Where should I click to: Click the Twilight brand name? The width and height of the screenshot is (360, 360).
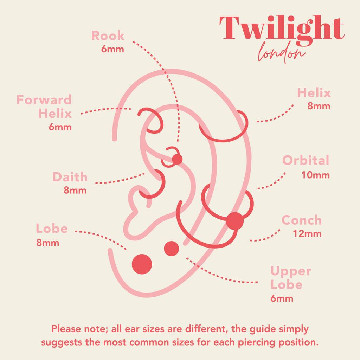coord(282,28)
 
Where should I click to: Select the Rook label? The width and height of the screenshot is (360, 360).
coord(108,36)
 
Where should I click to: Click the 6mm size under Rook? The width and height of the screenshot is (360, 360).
coord(112,49)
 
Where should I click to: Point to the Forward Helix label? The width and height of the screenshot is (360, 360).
coord(44,107)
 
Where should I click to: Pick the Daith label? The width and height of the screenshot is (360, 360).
coord(70,177)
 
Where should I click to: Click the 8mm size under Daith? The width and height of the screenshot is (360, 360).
coord(75,191)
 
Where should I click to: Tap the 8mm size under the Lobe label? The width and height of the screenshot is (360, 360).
coord(48,243)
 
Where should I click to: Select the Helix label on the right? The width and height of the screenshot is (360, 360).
coord(314,93)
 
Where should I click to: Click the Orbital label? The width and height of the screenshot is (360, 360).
coord(306,160)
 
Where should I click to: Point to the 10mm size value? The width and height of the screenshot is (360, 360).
coord(315,175)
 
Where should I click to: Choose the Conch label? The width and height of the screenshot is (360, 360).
coord(302,220)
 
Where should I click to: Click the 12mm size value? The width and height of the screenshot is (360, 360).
coord(307,233)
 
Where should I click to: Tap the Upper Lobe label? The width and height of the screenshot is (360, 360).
coord(291,277)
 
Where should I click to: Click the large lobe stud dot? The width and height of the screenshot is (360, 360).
coord(142,264)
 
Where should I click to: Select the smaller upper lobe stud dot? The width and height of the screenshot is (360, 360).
coord(172,249)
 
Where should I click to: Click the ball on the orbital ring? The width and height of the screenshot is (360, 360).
coord(234,221)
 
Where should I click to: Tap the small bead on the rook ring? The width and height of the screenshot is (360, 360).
coord(177,159)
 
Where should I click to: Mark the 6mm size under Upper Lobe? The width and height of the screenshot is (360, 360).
coord(282,299)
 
